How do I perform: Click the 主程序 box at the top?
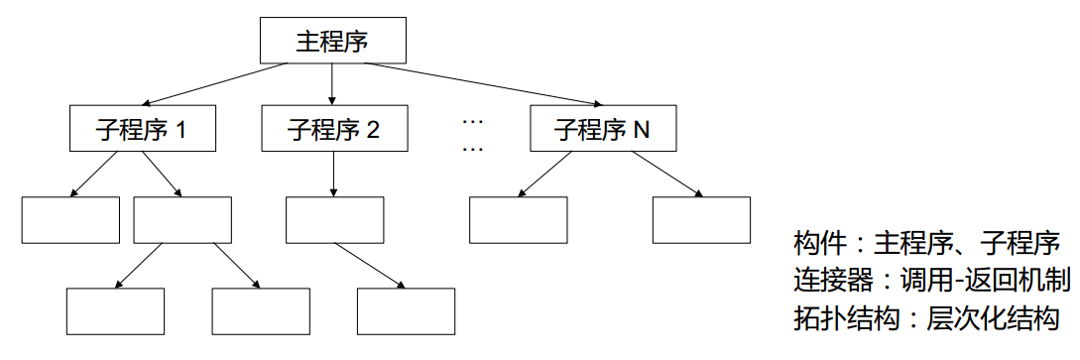pos(333,41)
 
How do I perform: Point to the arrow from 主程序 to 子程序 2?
pos(333,84)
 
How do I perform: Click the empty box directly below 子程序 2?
pos(334,220)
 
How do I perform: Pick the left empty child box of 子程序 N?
pos(518,220)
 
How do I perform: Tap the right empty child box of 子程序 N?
pos(701,220)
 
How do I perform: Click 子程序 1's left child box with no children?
pos(70,220)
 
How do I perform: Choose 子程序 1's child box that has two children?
pos(182,220)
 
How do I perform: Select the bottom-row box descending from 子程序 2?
pos(406,311)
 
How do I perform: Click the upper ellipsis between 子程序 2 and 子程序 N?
pos(472,121)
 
